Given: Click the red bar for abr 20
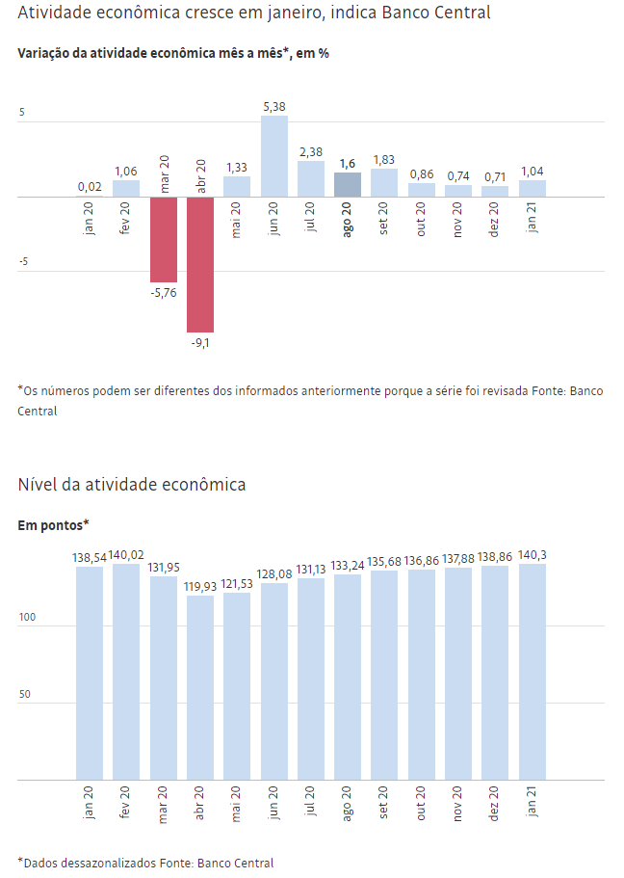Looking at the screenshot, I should tap(200, 264).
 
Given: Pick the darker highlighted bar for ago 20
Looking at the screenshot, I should tap(348, 185).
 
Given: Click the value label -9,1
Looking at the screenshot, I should tap(200, 342).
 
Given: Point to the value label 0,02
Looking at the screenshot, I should tap(90, 187).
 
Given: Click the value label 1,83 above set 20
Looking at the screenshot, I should tap(384, 159).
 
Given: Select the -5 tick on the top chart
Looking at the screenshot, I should tap(23, 260).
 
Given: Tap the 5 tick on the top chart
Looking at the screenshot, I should tap(22, 112).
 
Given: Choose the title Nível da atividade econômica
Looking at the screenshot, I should tap(132, 484).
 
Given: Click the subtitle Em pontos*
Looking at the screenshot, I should tap(54, 524).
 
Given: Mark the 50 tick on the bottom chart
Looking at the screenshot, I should tap(26, 694).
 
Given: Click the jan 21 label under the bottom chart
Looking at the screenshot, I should tap(533, 803).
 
